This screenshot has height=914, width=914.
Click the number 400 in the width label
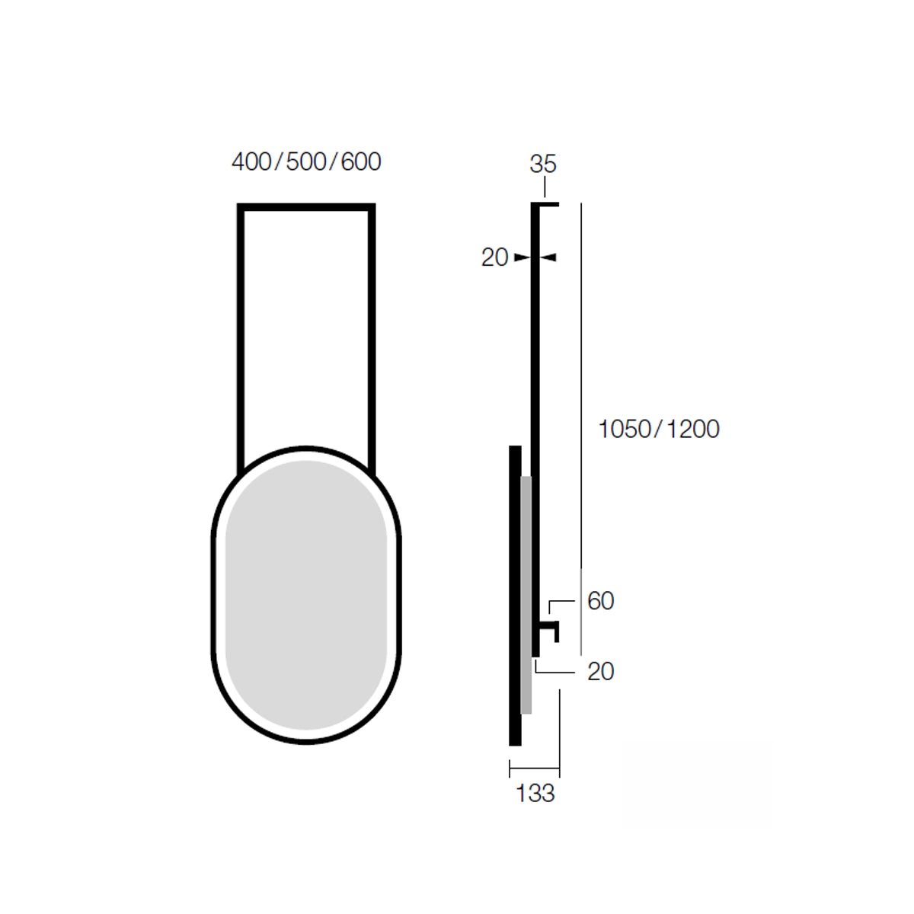(251, 161)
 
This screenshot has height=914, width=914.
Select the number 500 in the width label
(306, 161)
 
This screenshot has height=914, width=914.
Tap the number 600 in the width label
(361, 161)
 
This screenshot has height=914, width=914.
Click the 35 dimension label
(542, 164)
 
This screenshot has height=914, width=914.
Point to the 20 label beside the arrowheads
(494, 257)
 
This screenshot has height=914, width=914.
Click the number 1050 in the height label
(625, 429)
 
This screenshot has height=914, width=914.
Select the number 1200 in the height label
(693, 429)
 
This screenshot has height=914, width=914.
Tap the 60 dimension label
(600, 600)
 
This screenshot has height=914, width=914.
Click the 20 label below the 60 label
(600, 671)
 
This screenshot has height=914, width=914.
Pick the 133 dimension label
(535, 793)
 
